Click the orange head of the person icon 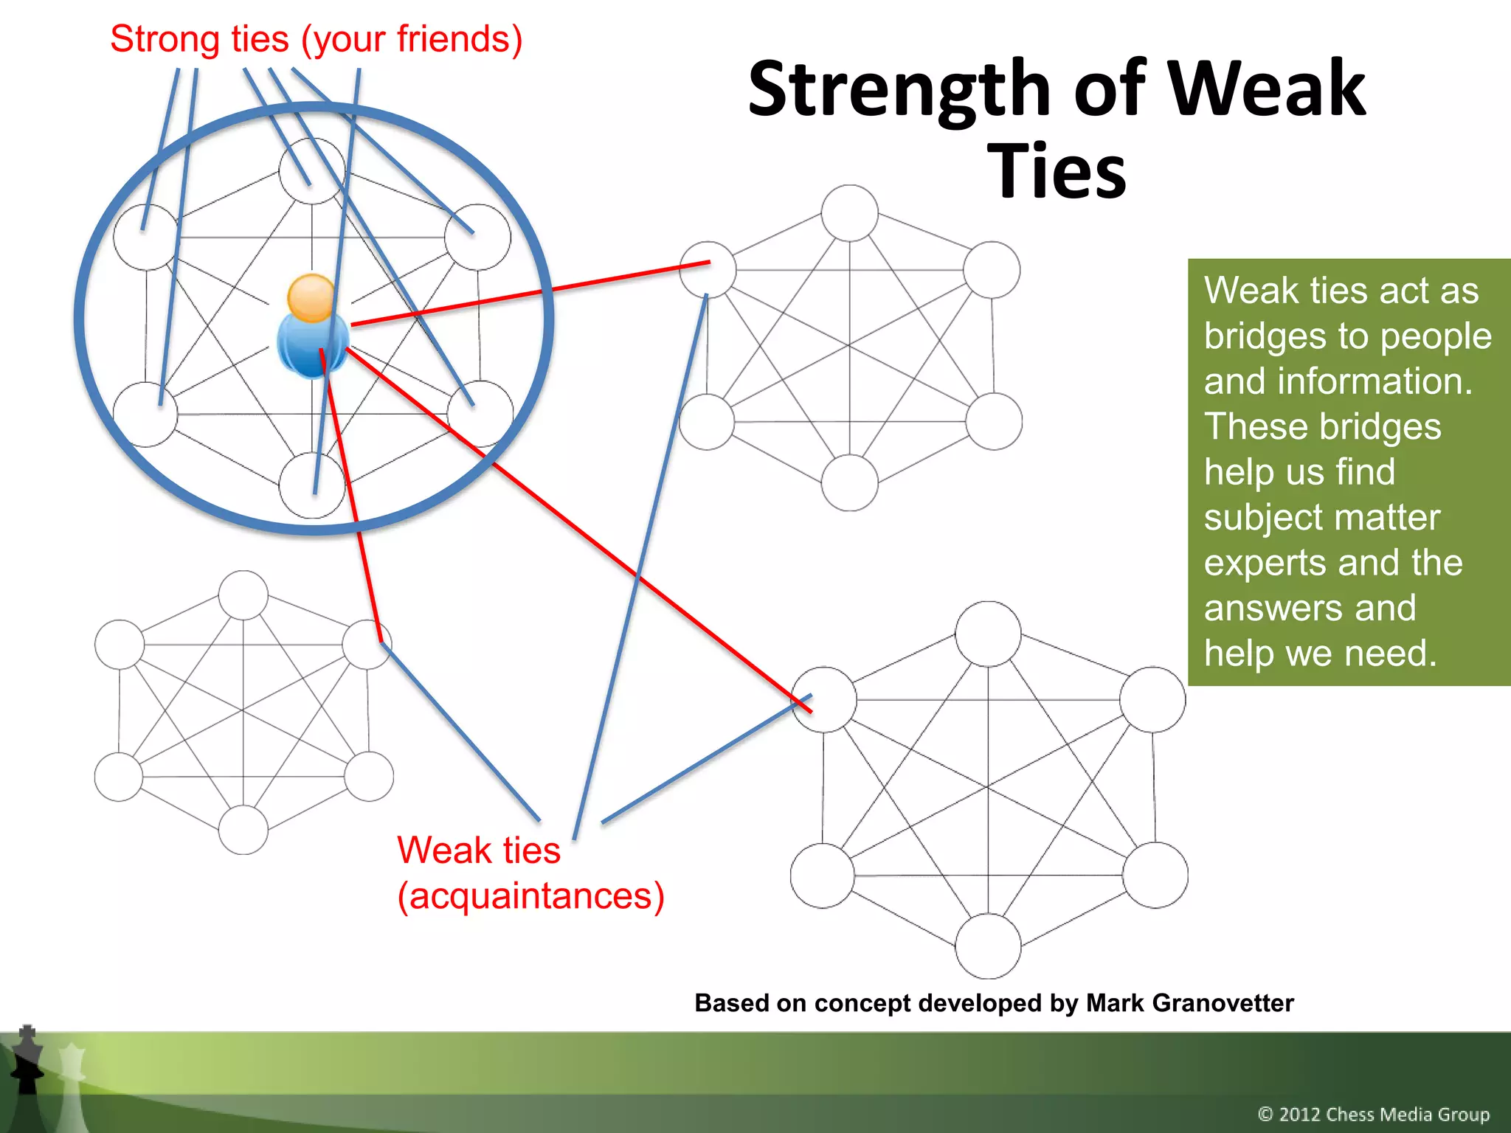pyautogui.click(x=311, y=297)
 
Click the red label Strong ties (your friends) pyautogui.click(x=316, y=39)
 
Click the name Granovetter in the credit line pyautogui.click(x=1189, y=1003)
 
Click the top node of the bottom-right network pyautogui.click(x=988, y=634)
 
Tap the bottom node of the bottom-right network pyautogui.click(x=988, y=946)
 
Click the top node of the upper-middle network pyautogui.click(x=849, y=212)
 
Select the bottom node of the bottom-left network pyautogui.click(x=243, y=830)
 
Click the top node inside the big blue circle pyautogui.click(x=311, y=171)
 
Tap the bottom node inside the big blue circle pyautogui.click(x=311, y=485)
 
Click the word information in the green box pyautogui.click(x=1375, y=382)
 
